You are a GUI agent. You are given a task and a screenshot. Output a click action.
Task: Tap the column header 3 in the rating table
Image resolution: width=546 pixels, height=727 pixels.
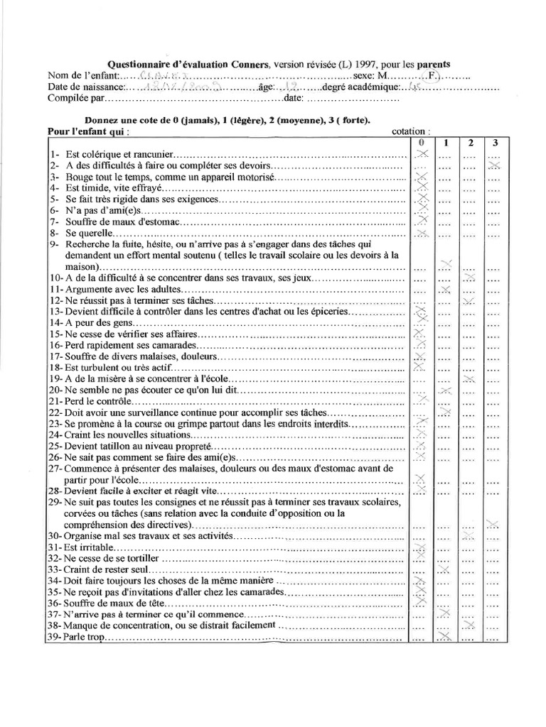coord(495,143)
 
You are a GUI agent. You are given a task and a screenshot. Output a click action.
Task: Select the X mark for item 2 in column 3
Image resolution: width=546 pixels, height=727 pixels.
coord(495,165)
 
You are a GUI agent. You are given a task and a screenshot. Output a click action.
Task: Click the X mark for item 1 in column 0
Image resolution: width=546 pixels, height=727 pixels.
coord(422,154)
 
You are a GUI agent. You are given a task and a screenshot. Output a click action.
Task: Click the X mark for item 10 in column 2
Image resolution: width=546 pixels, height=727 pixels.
coord(469,277)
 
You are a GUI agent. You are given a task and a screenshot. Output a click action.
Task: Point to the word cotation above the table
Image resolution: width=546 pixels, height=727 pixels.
coord(410,131)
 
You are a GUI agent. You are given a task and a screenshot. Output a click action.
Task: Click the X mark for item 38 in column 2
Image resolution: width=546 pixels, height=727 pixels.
coord(469,624)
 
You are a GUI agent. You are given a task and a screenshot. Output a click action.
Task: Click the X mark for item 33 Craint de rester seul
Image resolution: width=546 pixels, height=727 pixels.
coord(444,569)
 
